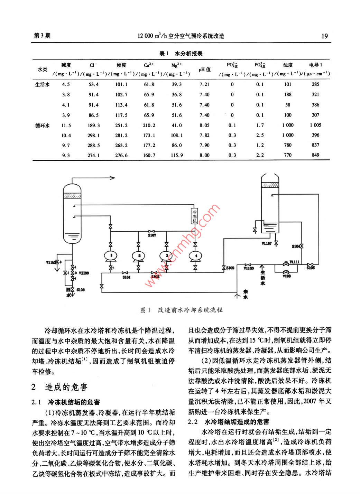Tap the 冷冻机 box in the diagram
pyautogui.click(x=195, y=216)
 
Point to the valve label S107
pyautogui.click(x=152, y=235)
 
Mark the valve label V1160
pyautogui.click(x=249, y=268)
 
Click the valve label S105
pyautogui.click(x=311, y=268)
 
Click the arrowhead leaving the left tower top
pyautogui.click(x=113, y=178)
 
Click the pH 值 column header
pyautogui.click(x=204, y=69)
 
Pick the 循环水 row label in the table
pyautogui.click(x=43, y=125)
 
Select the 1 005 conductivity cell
pyautogui.click(x=315, y=125)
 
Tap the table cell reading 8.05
pyautogui.click(x=204, y=125)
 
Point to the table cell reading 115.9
pyautogui.click(x=177, y=155)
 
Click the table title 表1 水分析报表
pyautogui.click(x=181, y=54)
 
